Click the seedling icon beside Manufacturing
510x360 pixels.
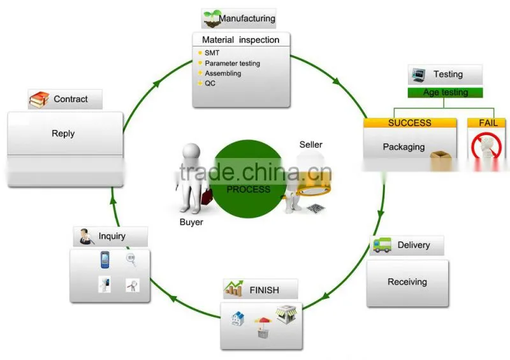(212, 19)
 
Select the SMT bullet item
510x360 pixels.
(212, 53)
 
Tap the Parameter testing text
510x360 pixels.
(232, 64)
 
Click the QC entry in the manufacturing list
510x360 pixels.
(210, 83)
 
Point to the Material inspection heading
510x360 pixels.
(241, 40)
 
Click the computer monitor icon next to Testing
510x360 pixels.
(418, 75)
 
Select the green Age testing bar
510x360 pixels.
(445, 92)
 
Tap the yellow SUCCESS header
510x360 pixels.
(410, 122)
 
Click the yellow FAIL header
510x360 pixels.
(486, 122)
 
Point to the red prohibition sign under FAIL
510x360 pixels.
(486, 146)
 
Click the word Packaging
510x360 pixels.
(404, 147)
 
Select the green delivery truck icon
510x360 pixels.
(382, 245)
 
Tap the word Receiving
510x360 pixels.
(407, 282)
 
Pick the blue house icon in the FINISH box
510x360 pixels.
(237, 319)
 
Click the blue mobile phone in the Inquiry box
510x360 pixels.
(105, 259)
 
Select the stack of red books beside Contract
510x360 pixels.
(39, 100)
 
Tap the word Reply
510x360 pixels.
(63, 133)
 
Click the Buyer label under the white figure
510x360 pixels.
(191, 222)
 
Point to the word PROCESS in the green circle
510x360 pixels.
(249, 189)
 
